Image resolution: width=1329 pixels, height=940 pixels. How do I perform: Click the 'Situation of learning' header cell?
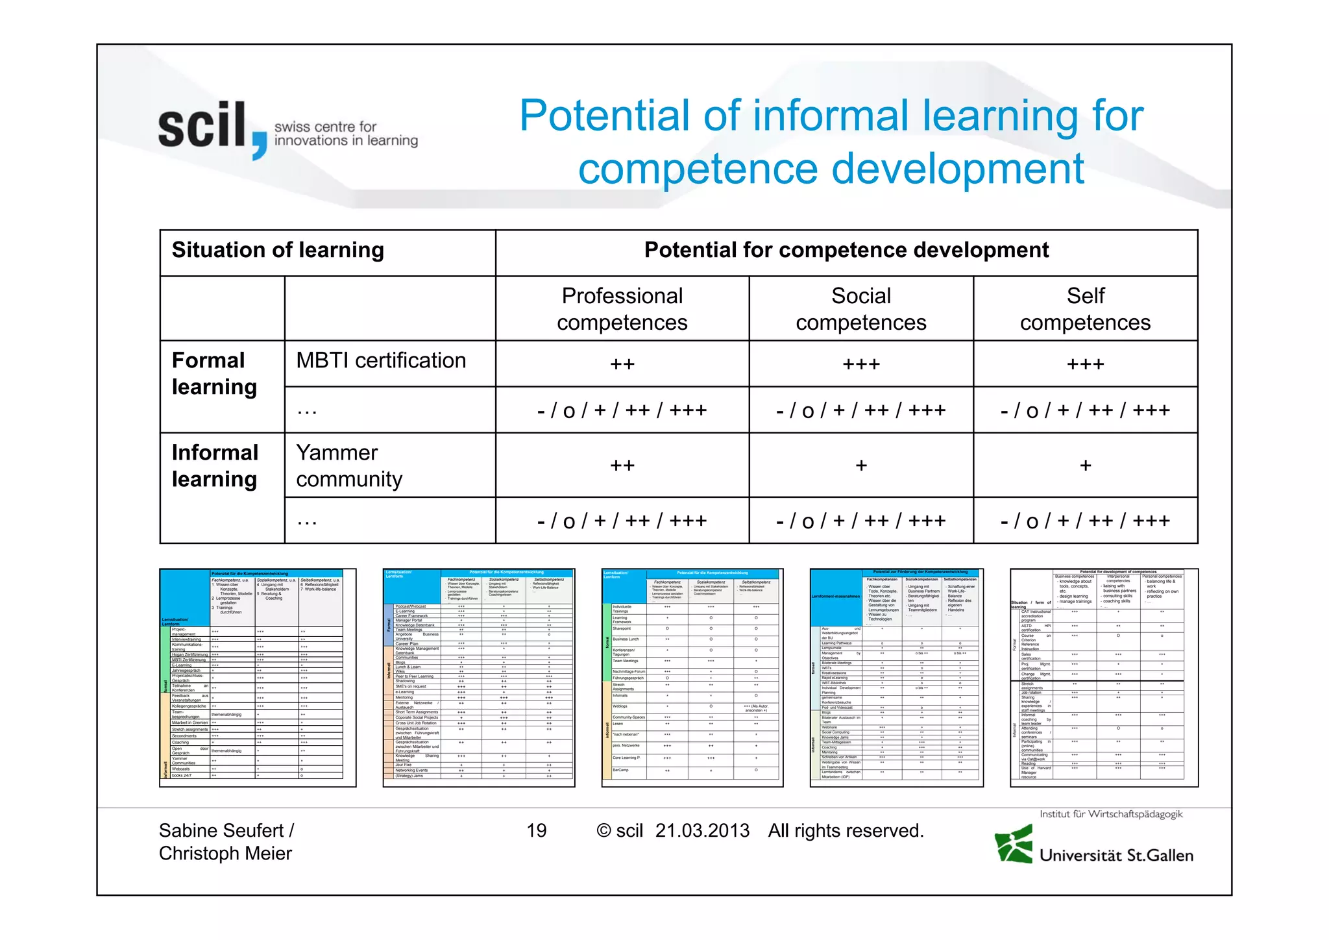click(x=278, y=251)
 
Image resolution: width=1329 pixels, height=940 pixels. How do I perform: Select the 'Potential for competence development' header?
click(x=846, y=251)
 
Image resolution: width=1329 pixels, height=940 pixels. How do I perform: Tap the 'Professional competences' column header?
click(x=622, y=309)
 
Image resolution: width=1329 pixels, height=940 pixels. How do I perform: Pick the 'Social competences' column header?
click(x=860, y=309)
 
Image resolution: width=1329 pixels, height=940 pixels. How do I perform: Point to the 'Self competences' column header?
click(x=1085, y=309)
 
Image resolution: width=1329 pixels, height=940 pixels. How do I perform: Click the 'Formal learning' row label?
click(x=214, y=373)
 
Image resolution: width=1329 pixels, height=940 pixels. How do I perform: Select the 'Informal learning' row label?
click(x=215, y=465)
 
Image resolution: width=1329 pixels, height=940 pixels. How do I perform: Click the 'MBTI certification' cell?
click(x=381, y=361)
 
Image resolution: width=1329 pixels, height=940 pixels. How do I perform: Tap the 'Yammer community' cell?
click(x=349, y=465)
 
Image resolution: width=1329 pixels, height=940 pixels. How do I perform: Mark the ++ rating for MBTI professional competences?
click(x=622, y=364)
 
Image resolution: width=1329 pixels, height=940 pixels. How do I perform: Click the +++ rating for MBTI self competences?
click(x=1085, y=364)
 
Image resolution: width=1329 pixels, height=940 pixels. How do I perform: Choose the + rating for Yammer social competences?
click(x=860, y=465)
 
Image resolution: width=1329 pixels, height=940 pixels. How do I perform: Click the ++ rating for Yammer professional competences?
click(x=622, y=465)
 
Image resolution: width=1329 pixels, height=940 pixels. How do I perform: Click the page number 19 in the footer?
click(x=536, y=831)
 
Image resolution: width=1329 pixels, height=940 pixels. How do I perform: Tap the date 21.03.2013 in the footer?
click(x=702, y=831)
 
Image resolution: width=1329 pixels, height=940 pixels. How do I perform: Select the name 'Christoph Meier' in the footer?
click(x=225, y=854)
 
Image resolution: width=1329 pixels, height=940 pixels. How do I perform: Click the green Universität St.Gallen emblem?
click(x=1014, y=844)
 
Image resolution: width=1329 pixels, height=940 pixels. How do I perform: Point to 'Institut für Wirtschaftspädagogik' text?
click(x=1111, y=814)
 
